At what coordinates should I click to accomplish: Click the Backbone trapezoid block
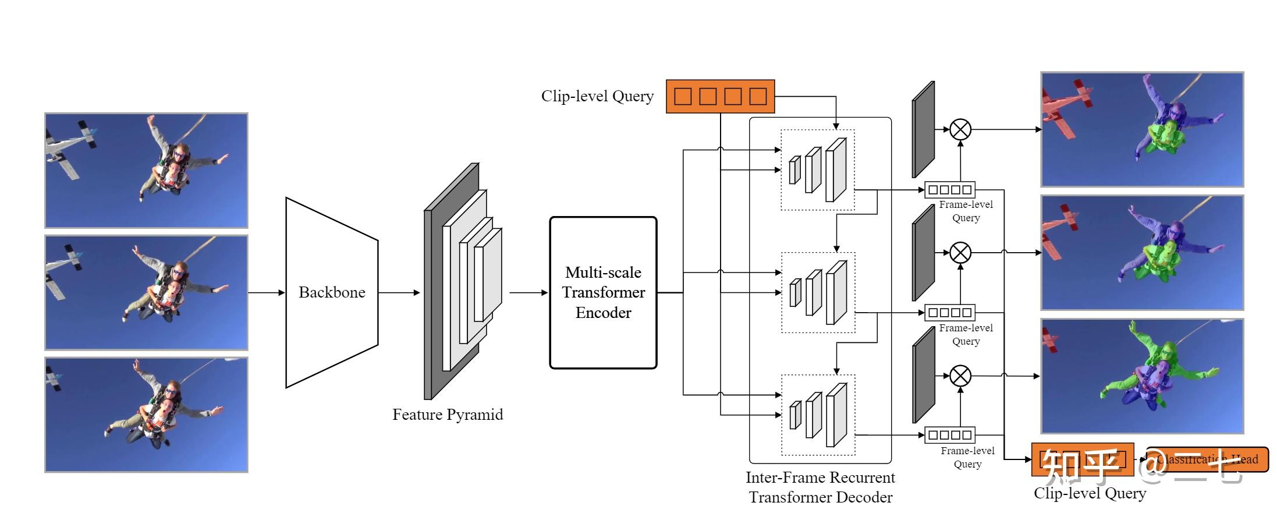[332, 292]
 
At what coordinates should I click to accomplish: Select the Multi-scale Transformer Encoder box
[603, 292]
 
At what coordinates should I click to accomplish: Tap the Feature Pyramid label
[447, 415]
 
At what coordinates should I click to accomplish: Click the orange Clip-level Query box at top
[720, 96]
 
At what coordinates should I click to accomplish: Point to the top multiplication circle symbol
[960, 129]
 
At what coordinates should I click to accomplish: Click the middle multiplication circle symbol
[960, 253]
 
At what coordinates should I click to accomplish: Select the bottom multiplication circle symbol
[960, 376]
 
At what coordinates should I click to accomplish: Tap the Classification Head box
[1207, 459]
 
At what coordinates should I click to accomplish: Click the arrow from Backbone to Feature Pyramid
[399, 292]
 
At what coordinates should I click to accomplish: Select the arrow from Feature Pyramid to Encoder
[528, 292]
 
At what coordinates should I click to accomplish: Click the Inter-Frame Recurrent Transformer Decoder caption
[820, 487]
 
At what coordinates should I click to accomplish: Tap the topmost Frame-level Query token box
[950, 190]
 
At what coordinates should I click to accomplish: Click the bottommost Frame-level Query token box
[950, 435]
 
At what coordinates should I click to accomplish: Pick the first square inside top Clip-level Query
[683, 96]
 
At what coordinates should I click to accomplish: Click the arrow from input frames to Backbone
[267, 292]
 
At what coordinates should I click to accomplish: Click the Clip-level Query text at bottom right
[1090, 494]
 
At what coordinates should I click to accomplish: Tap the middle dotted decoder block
[818, 292]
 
